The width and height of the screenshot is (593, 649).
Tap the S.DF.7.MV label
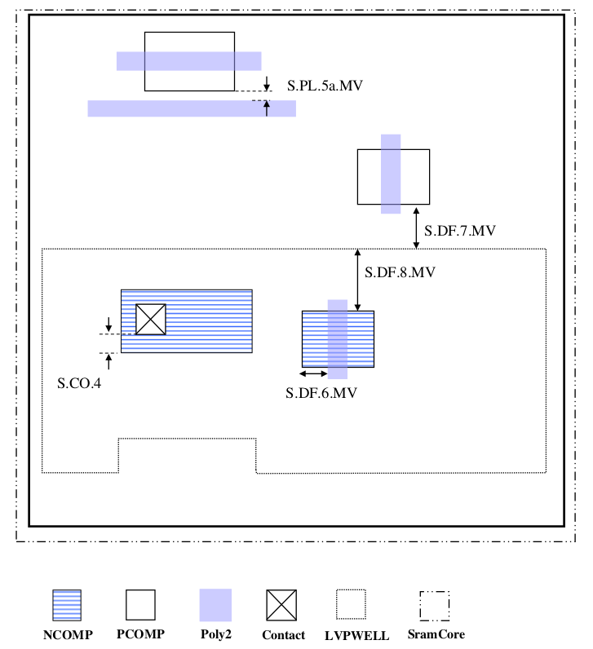pyautogui.click(x=459, y=231)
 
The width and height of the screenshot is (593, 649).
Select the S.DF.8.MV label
pyautogui.click(x=400, y=272)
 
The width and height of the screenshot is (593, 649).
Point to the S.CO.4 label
pyautogui.click(x=79, y=382)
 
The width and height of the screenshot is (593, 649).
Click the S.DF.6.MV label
pyautogui.click(x=321, y=393)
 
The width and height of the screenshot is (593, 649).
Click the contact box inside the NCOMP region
pyautogui.click(x=151, y=319)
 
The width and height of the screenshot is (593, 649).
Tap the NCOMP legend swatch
pyautogui.click(x=66, y=606)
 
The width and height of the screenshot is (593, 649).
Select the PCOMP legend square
pyautogui.click(x=140, y=606)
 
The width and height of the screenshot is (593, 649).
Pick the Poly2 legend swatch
pyautogui.click(x=215, y=606)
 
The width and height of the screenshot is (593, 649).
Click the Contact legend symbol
pyautogui.click(x=282, y=606)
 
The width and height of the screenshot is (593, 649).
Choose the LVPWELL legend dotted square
pyautogui.click(x=351, y=605)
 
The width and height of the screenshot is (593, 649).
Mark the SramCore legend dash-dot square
pyautogui.click(x=435, y=605)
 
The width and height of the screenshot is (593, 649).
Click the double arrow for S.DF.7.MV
pyautogui.click(x=417, y=227)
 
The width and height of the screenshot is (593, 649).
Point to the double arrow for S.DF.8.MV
pyautogui.click(x=358, y=280)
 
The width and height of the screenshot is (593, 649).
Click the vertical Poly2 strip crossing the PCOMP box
pyautogui.click(x=391, y=173)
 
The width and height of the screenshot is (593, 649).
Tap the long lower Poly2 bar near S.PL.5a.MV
pyautogui.click(x=192, y=108)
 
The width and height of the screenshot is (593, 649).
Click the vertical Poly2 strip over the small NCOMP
pyautogui.click(x=338, y=338)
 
